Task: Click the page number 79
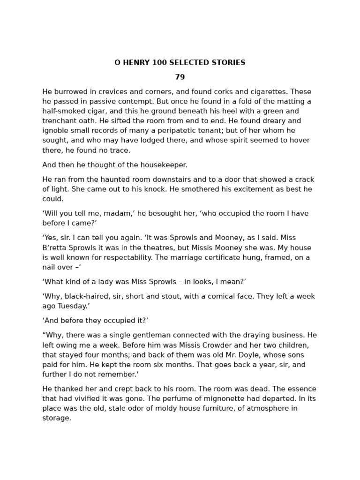pos(180,77)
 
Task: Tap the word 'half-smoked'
pos(64,112)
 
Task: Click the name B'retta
pos(56,247)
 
